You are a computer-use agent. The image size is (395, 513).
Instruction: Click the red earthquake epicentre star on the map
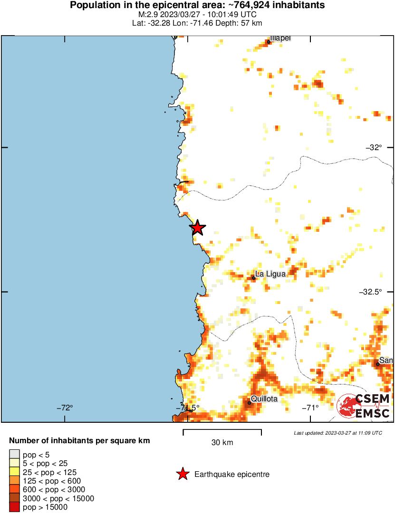coord(197,228)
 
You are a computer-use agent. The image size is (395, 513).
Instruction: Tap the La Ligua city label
coord(270,274)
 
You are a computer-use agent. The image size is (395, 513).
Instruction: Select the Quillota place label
coord(264,399)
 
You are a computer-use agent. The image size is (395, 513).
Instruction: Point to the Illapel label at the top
coord(280,38)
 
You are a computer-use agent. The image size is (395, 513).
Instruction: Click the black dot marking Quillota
coord(250,403)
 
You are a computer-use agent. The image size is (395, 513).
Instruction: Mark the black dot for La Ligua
coord(254,278)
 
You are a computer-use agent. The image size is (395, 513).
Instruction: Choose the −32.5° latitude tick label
coord(371,292)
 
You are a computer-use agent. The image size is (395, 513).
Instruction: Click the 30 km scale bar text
coord(222,443)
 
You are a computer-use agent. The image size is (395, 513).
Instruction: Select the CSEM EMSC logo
coord(364,406)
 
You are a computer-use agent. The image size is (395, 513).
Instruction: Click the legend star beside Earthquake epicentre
coord(182,474)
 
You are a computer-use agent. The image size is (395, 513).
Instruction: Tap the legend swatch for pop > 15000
coord(14,507)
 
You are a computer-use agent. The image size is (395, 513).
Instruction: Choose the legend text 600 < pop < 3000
coord(54,490)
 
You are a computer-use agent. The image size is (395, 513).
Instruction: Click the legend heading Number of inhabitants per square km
coord(79,441)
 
